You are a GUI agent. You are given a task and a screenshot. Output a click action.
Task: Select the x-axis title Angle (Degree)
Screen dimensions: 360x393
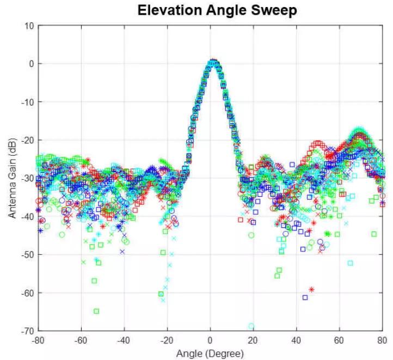tap(210, 353)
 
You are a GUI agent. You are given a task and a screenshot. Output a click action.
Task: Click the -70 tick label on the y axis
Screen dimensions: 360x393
tap(27, 331)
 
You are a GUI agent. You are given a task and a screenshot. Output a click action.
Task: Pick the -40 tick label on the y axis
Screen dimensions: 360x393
tap(27, 216)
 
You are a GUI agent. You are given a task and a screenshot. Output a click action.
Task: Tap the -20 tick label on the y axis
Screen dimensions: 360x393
tap(27, 140)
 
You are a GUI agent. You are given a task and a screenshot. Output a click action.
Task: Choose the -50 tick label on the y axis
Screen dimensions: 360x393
tap(27, 254)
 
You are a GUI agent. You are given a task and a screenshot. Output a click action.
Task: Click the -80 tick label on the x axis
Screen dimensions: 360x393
tap(39, 340)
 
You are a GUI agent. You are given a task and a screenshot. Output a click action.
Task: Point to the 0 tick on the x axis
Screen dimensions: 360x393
tap(210, 340)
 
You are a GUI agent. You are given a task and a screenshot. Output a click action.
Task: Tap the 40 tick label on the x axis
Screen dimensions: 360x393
tap(296, 340)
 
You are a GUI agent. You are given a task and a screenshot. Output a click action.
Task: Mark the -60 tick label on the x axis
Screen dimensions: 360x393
tap(81, 340)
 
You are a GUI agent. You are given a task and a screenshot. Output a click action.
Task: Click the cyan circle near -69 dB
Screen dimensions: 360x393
tap(251, 326)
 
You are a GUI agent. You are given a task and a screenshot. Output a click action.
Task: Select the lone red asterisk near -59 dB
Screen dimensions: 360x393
tap(311, 289)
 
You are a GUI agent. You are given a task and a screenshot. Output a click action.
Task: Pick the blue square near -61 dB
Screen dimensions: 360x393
tap(305, 297)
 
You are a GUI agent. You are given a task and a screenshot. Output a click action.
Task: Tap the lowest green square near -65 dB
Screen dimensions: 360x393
tap(96, 311)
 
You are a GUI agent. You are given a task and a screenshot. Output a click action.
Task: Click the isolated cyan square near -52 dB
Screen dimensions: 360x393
tap(350, 263)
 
